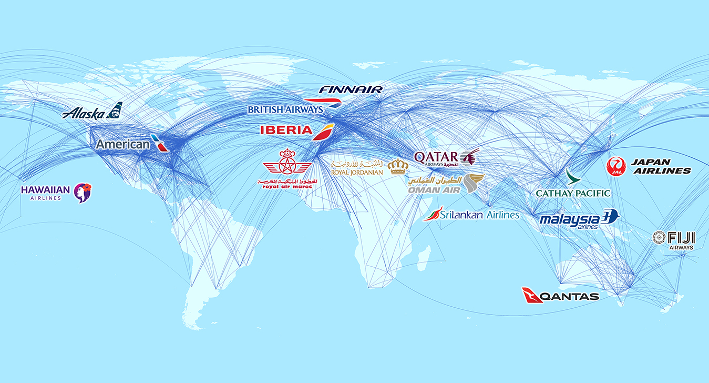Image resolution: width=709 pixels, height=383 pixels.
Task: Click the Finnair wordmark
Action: point(351,89)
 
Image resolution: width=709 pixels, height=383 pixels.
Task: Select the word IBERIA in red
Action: point(286,130)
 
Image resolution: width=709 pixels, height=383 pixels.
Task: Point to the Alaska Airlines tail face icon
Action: point(114,110)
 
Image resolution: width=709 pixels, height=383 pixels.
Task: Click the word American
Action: point(122,144)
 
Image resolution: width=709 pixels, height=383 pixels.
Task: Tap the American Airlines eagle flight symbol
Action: point(159,143)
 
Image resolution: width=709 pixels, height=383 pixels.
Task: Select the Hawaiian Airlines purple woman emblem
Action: point(83,193)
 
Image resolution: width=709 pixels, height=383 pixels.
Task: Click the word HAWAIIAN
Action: point(45,189)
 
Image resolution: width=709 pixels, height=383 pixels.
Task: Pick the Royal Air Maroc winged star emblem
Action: point(287,164)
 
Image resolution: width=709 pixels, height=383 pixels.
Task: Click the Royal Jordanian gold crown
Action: point(398,166)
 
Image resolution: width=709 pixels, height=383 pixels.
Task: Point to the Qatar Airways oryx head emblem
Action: point(469,156)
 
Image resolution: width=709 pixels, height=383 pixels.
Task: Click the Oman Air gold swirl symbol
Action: point(474,184)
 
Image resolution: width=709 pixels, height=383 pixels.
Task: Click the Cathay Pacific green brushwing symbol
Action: point(572,177)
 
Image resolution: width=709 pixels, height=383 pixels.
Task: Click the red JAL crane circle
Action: point(616,167)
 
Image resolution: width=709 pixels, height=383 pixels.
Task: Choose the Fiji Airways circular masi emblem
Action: point(659,237)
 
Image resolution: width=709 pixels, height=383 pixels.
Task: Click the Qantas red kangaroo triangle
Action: point(532,295)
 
